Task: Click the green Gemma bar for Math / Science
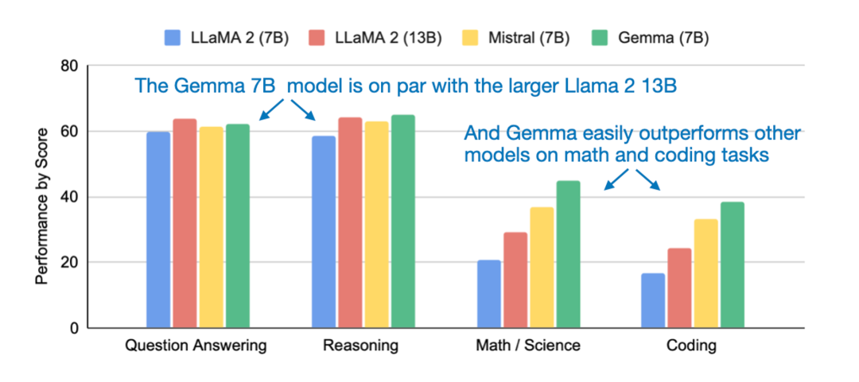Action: coord(568,254)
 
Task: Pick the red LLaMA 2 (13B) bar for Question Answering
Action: coord(185,222)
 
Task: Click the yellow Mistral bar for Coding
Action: coord(705,273)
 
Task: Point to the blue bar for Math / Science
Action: coord(489,294)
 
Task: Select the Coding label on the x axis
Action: coord(692,346)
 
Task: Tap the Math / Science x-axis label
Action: coord(528,346)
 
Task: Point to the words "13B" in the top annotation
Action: coord(659,86)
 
